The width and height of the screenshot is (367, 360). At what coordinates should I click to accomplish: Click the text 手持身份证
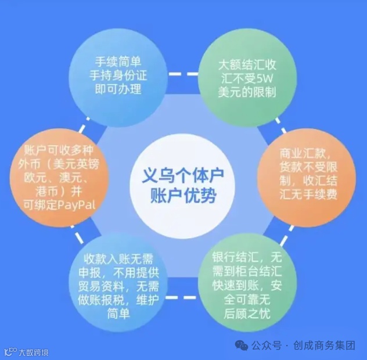pos(118,75)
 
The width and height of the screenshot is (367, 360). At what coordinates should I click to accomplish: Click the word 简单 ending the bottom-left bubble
pos(118,314)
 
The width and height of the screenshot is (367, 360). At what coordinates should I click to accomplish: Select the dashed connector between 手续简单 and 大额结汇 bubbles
pos(183,74)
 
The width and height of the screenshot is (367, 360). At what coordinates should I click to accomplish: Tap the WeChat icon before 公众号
pos(241,346)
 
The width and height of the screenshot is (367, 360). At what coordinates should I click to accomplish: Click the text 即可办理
pos(118,89)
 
